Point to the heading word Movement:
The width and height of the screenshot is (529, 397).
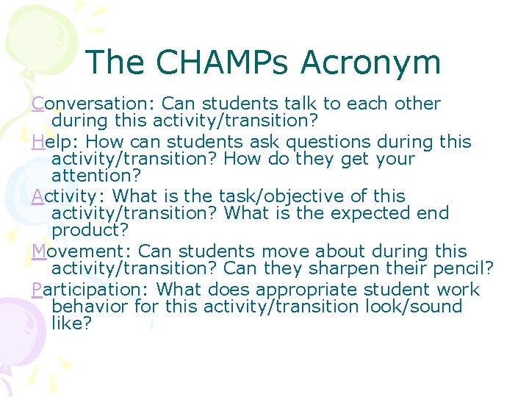coord(82,251)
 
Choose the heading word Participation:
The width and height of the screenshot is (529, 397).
coord(92,290)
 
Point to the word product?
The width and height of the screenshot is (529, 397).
coord(90,231)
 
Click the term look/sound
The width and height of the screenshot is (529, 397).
coord(414,307)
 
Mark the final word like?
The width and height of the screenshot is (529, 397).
coord(72,323)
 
